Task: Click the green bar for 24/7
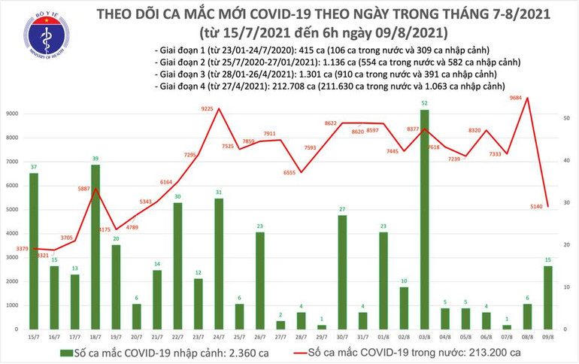point(219,264)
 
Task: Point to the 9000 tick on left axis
point(16,114)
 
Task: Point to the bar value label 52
point(426,102)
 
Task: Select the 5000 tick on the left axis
point(16,210)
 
